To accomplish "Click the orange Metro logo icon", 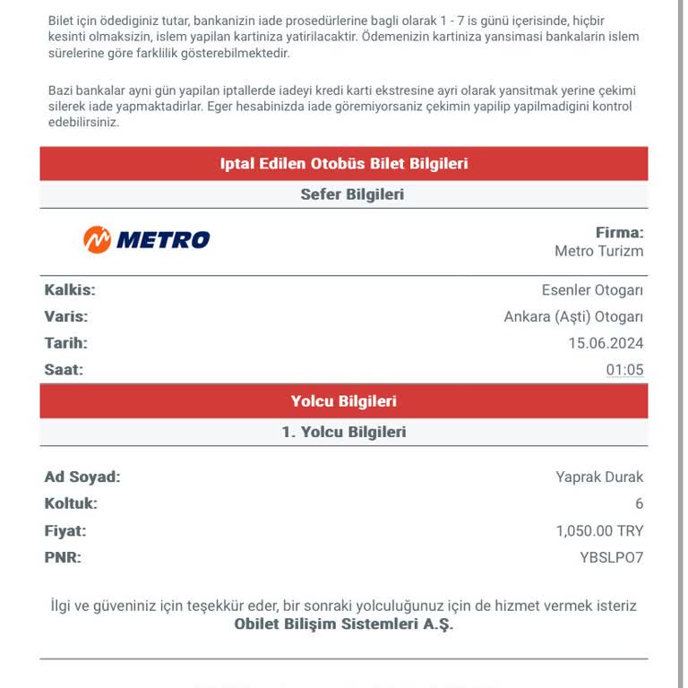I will (97, 239).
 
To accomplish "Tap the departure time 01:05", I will (624, 370).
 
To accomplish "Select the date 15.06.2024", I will (606, 343).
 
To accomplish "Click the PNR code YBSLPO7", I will (612, 558).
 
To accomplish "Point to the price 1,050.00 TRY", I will (599, 531).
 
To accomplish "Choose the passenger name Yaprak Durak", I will (599, 477).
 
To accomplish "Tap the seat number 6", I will (639, 504).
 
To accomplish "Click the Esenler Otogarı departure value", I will (592, 290).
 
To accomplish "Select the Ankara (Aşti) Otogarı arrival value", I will (573, 317).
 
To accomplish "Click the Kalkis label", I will (70, 290).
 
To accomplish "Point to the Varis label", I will (66, 317).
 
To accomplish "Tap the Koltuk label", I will (71, 504).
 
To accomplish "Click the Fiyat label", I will (65, 531).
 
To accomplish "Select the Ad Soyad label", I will (82, 477).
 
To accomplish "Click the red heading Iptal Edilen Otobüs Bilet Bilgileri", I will (344, 164).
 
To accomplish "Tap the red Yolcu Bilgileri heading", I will (344, 401).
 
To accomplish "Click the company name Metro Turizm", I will (598, 252).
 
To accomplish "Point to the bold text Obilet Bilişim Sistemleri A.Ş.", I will (344, 624).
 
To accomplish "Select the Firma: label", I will (619, 233).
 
